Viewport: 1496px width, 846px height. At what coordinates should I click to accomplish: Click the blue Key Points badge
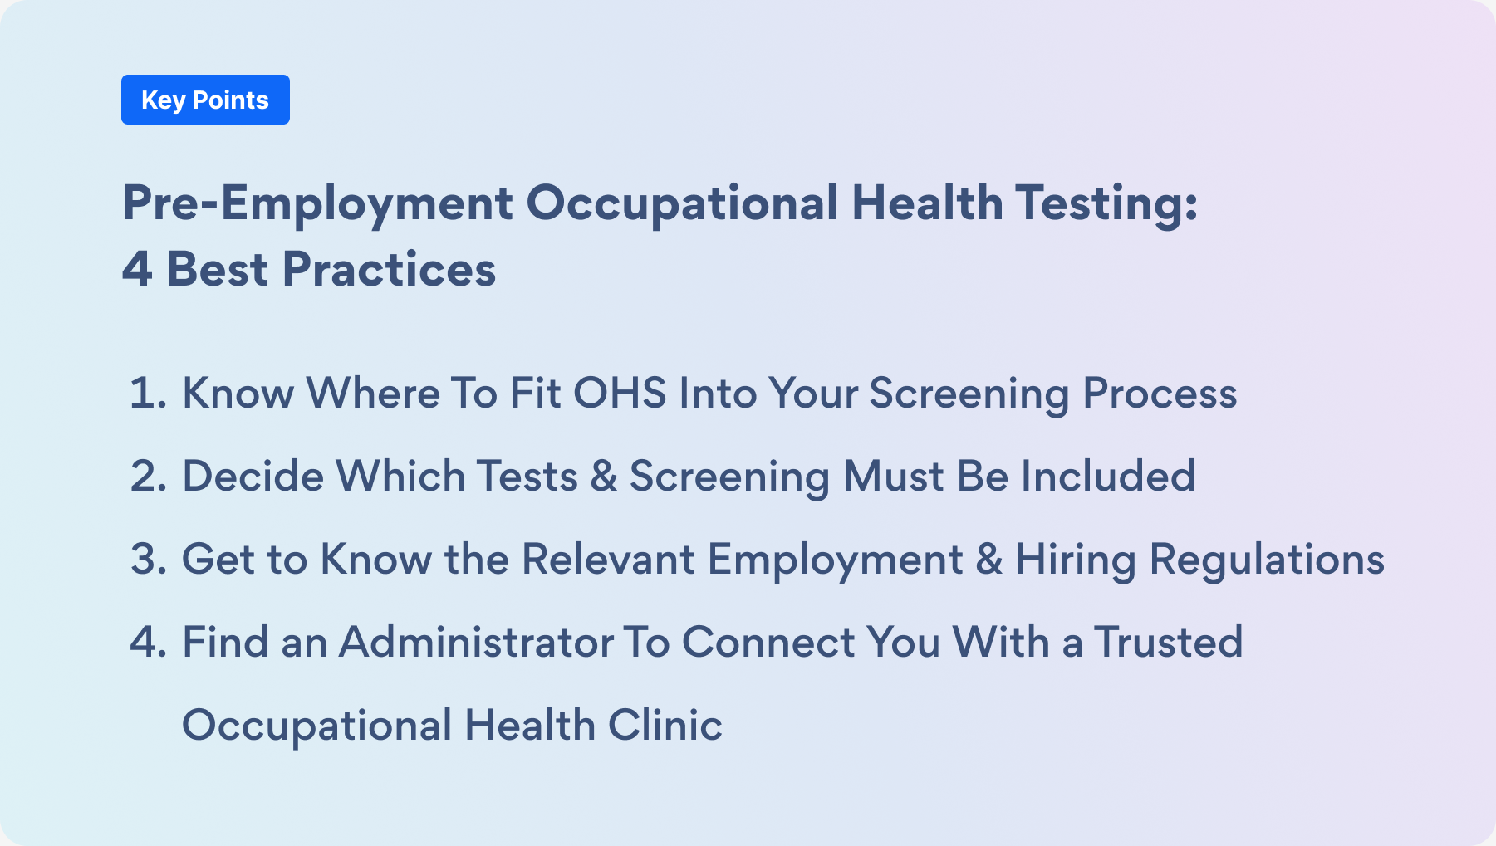[x=205, y=100]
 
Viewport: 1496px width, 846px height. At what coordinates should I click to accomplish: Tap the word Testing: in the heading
[x=1106, y=203]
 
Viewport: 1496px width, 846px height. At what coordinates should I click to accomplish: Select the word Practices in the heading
[x=389, y=270]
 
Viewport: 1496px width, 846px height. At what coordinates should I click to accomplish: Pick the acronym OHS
[x=620, y=393]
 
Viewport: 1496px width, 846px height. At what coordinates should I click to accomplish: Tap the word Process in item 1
[x=1160, y=393]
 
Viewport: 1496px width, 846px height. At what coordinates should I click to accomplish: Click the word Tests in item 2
[x=527, y=476]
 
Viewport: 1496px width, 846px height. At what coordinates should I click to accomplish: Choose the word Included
[x=1108, y=476]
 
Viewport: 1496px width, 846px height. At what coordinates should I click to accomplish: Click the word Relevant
[x=608, y=559]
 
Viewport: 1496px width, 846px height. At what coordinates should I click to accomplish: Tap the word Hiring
[x=1076, y=560]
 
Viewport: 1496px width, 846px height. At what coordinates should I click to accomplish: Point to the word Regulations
[x=1267, y=560]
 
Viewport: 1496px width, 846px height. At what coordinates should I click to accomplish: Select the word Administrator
[x=476, y=642]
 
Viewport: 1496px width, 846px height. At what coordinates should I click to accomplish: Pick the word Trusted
[x=1168, y=642]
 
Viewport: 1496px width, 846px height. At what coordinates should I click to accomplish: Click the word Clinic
[x=665, y=725]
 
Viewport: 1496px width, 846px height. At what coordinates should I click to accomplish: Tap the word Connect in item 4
[x=768, y=642]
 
